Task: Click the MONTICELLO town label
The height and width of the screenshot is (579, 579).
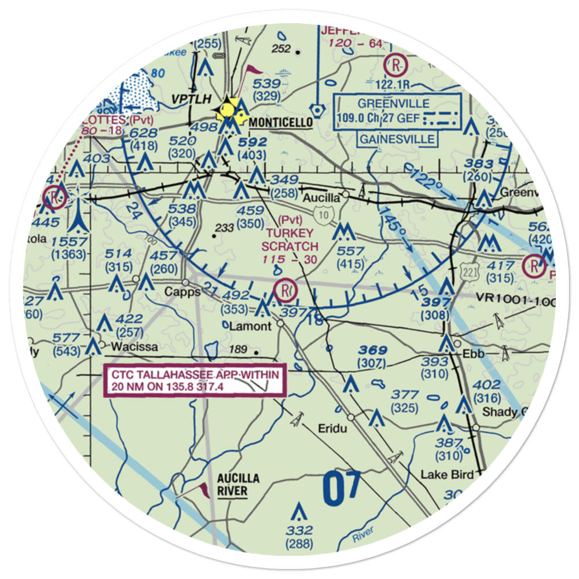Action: click(281, 123)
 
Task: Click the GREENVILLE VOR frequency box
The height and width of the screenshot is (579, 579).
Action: click(398, 113)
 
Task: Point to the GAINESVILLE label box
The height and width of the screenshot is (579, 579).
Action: click(397, 140)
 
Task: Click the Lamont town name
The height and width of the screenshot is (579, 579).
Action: click(250, 326)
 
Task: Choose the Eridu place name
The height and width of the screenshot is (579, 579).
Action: click(331, 429)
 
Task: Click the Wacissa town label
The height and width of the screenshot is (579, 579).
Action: click(128, 347)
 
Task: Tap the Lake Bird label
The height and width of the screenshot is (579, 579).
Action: click(447, 475)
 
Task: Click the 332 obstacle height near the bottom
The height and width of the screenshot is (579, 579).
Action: click(299, 531)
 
